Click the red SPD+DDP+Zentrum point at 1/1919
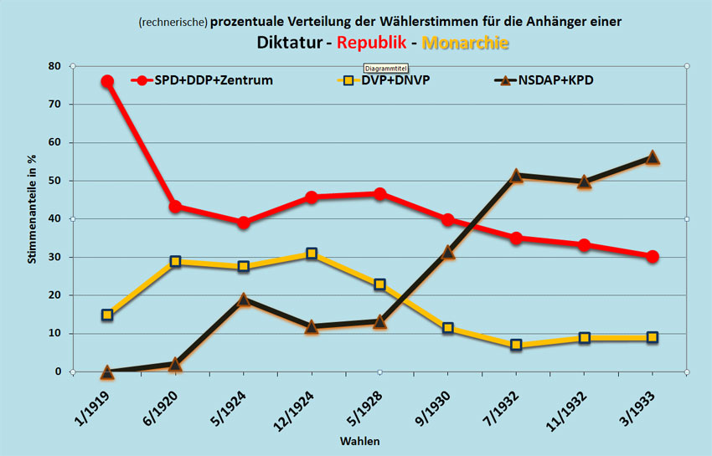pos(107,81)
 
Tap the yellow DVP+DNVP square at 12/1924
pos(312,254)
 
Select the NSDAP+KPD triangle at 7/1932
pos(516,176)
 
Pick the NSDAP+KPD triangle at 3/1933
pos(653,157)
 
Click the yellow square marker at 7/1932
pos(516,345)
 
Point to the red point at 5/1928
pos(379,194)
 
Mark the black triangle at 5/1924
pos(244,300)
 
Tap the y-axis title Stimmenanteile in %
pos(33,218)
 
